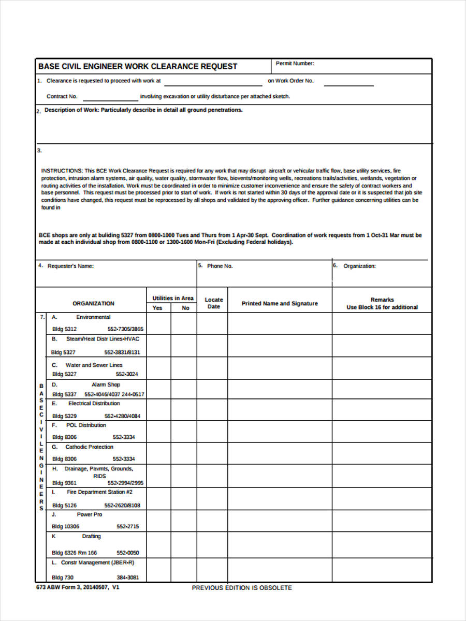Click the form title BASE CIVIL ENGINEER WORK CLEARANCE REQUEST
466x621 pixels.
click(138, 66)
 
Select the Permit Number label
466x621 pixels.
click(295, 64)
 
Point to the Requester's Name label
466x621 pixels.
click(70, 266)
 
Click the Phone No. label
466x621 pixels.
click(220, 266)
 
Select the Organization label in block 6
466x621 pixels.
click(359, 266)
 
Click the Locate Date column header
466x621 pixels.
click(213, 303)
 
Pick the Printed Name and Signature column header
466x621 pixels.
click(280, 303)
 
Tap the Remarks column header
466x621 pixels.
click(382, 303)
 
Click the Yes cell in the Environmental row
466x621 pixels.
click(158, 323)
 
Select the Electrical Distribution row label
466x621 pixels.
click(94, 403)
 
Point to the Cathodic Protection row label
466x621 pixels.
click(89, 447)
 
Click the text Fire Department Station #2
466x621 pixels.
click(99, 492)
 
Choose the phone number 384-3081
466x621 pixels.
click(127, 578)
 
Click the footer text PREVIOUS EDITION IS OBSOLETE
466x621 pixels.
click(242, 588)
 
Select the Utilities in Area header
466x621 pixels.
click(173, 298)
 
